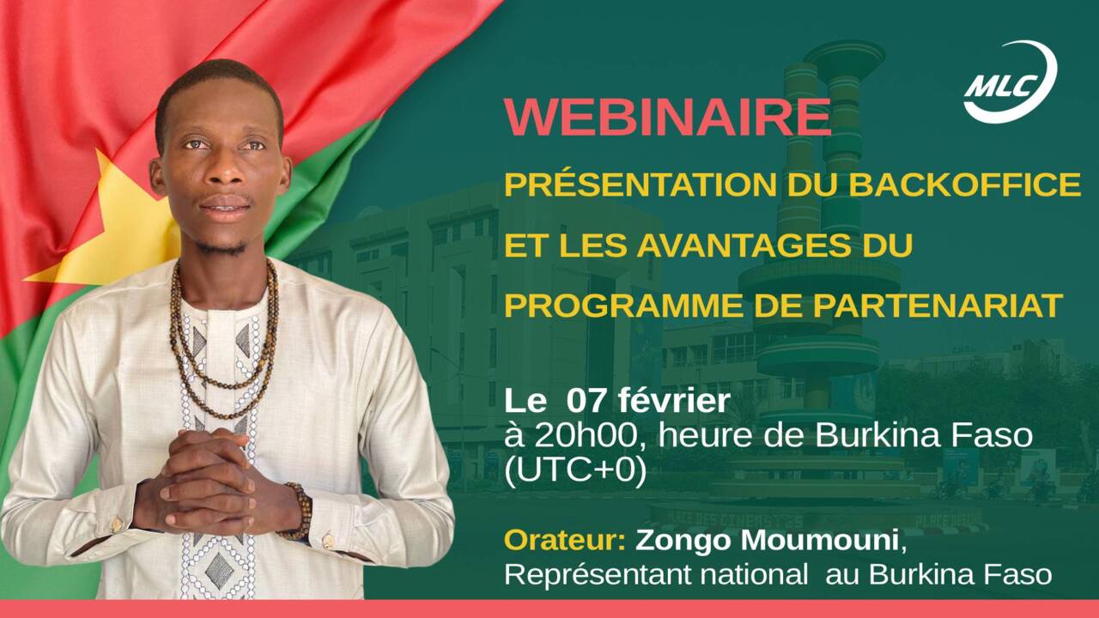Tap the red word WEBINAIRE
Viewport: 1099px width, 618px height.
pyautogui.click(x=667, y=118)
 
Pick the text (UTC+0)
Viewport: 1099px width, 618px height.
pyautogui.click(x=575, y=471)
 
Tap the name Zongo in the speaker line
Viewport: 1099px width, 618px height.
pyautogui.click(x=675, y=542)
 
